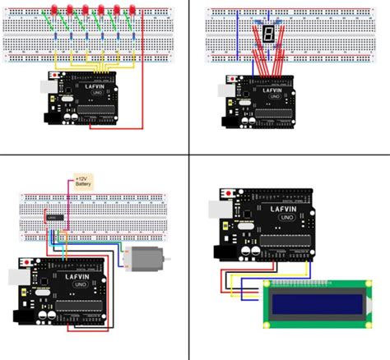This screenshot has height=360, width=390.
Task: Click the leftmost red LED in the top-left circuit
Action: pyautogui.click(x=55, y=10)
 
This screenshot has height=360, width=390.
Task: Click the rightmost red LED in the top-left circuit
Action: pyautogui.click(x=131, y=10)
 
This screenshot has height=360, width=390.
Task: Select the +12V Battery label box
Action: pyautogui.click(x=83, y=181)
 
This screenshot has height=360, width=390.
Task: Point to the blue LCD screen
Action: pyautogui.click(x=315, y=302)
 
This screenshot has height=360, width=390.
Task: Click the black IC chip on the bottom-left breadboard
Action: pyautogui.click(x=55, y=216)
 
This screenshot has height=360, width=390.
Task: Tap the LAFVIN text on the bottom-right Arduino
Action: pyautogui.click(x=280, y=207)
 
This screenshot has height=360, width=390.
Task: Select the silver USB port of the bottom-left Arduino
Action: pyautogui.click(x=18, y=279)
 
